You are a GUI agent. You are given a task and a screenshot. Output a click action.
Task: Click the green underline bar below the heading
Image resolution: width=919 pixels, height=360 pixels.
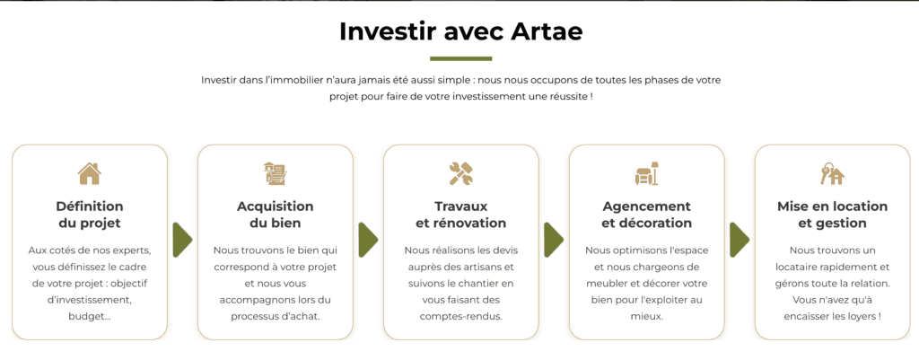[x=460, y=58]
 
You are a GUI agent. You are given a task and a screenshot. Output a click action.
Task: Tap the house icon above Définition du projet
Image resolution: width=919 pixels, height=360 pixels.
[x=89, y=172]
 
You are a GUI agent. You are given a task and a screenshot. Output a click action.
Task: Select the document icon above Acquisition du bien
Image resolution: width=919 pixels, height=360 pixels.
[x=275, y=172]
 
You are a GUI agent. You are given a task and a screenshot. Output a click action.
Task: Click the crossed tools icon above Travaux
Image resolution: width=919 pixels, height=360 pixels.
[x=460, y=172]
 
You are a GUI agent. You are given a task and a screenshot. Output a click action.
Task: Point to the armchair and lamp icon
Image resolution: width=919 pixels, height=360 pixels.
[x=646, y=172]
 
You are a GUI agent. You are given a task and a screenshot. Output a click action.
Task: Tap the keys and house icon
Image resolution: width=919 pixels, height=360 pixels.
[x=832, y=172]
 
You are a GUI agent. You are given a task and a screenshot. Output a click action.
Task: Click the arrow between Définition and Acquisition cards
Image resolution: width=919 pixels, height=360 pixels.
[x=182, y=240]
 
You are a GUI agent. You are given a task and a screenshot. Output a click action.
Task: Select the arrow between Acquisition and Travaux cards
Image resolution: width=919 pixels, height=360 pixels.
[x=368, y=240]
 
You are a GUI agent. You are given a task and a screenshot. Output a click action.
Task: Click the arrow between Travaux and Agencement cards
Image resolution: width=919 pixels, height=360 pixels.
[x=554, y=240]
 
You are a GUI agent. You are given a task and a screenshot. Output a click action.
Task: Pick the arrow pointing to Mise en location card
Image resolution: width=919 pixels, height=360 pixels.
[x=740, y=240]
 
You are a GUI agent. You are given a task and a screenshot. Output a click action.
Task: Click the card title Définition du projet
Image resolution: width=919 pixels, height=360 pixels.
[x=89, y=215]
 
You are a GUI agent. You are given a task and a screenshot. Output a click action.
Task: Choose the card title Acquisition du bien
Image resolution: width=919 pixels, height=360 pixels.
[x=275, y=215]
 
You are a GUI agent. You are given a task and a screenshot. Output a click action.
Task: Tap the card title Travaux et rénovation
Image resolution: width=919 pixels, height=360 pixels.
[x=460, y=215]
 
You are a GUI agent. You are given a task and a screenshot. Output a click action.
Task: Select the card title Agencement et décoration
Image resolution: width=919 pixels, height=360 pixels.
[x=646, y=215]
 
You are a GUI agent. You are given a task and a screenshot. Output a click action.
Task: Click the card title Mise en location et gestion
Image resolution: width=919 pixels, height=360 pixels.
[x=832, y=215]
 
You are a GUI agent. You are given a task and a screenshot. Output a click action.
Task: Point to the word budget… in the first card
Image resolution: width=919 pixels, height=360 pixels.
[x=89, y=316]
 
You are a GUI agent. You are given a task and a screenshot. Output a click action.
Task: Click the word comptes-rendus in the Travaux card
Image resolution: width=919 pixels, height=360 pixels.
[x=460, y=316]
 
